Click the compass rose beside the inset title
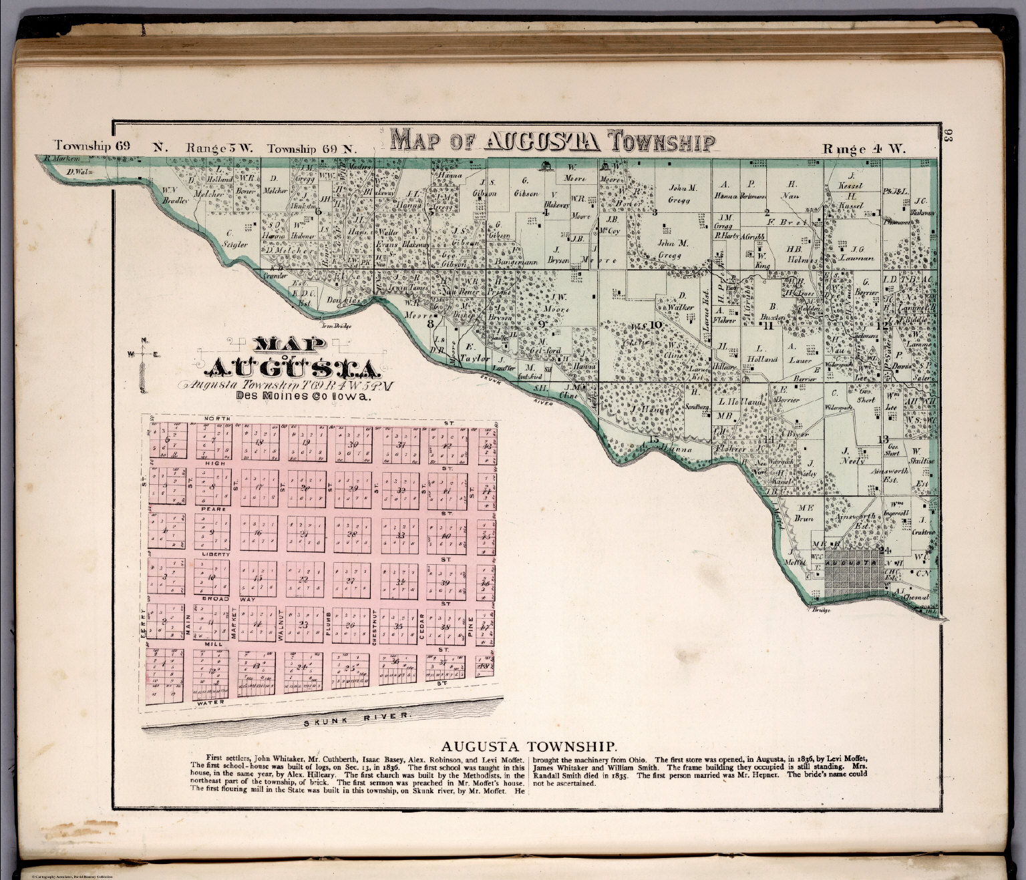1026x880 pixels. click(142, 364)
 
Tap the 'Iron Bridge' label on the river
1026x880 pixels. click(336, 326)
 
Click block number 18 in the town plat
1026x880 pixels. click(259, 444)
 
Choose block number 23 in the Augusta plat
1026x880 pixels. click(304, 626)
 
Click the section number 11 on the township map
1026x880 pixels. click(768, 325)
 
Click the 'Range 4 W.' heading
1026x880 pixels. click(864, 149)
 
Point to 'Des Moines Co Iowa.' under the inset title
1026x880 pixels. click(303, 396)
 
